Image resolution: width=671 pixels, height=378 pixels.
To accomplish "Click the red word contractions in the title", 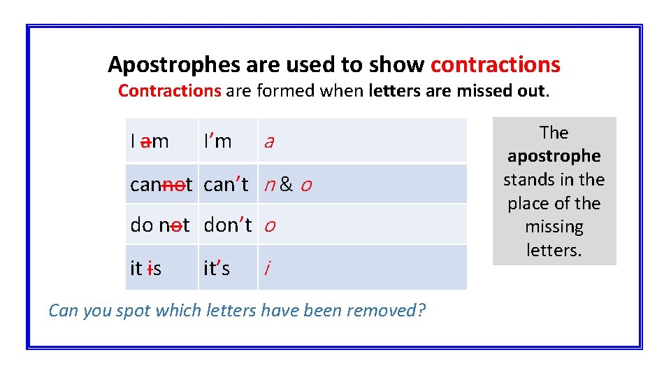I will click(495, 64).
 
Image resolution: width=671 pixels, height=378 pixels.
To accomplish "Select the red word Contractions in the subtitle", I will click(169, 90).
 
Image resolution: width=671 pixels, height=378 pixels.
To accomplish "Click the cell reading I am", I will click(149, 141).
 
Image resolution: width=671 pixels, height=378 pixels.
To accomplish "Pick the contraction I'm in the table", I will click(217, 141).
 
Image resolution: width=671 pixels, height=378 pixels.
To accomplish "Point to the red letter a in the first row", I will click(268, 142).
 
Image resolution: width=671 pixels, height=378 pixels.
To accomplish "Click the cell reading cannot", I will click(161, 185).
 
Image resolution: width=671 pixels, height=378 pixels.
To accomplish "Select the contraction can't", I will click(226, 185).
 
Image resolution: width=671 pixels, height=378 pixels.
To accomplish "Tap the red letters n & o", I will click(287, 185).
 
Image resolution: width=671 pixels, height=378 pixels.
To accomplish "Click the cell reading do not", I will click(160, 225).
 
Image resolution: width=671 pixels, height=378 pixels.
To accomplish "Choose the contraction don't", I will click(228, 225).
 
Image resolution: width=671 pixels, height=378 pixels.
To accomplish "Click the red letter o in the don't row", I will click(270, 226).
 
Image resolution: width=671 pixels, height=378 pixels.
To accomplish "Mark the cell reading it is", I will click(146, 267).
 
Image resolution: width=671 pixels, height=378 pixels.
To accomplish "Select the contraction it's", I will click(217, 267).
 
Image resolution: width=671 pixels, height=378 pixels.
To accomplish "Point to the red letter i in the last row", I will click(266, 267).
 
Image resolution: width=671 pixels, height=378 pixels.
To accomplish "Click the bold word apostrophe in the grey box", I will click(554, 156).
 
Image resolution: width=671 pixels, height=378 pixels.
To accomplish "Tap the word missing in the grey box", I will click(554, 227).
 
